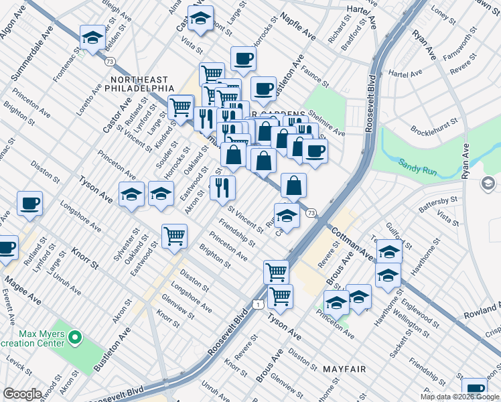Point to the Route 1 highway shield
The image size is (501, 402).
coord(258,304)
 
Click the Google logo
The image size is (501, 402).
coord(22,394)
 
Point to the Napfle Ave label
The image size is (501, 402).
coord(297,25)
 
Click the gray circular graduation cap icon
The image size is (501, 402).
coord(488,183)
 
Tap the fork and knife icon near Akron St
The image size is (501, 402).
coord(222,188)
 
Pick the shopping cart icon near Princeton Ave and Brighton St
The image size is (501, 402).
coord(174,236)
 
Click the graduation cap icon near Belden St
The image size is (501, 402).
coord(92,37)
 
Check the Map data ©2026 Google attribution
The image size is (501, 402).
coord(460,397)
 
